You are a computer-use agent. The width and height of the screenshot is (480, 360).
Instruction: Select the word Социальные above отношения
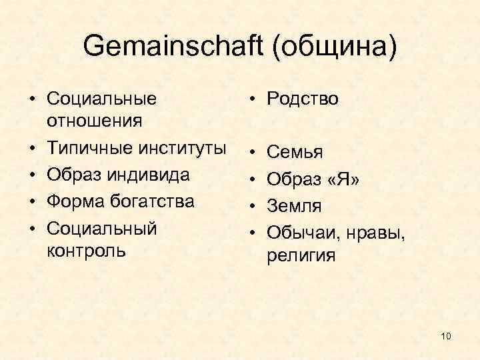pyautogui.click(x=102, y=99)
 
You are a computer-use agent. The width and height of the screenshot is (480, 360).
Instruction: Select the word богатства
pyautogui.click(x=150, y=201)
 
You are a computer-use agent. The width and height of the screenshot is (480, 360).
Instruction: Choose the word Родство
pyautogui.click(x=303, y=99)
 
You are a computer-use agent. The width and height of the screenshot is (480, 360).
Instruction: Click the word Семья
pyautogui.click(x=295, y=153)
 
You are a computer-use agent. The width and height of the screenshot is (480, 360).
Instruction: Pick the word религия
pyautogui.click(x=301, y=256)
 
